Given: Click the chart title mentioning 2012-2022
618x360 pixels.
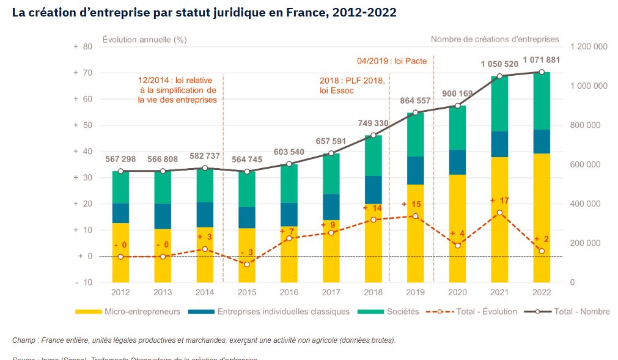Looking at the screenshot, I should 204,12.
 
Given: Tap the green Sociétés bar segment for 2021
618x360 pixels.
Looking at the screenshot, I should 499,104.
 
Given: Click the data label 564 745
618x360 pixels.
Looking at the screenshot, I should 246,160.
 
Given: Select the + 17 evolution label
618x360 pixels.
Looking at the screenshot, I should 499,200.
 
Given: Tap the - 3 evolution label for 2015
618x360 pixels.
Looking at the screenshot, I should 246,252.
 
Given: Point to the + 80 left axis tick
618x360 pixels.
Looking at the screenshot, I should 82,47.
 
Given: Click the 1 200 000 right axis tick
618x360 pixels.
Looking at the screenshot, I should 588,47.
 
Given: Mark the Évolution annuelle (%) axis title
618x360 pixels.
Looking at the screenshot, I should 144,39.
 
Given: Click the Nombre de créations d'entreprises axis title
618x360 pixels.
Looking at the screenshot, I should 495,39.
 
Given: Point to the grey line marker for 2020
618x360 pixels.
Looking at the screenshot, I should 457,106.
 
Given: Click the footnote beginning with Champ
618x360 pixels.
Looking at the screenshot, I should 204,340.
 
